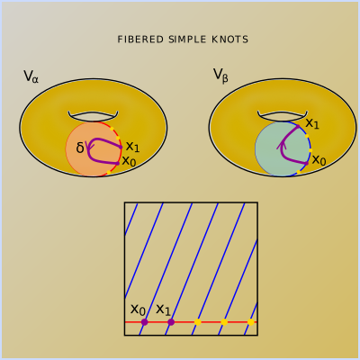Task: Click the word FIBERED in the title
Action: (x=140, y=40)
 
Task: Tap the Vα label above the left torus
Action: (x=31, y=76)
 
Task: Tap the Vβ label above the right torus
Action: (x=220, y=75)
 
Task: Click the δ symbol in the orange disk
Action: (x=80, y=148)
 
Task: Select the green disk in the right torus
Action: (x=283, y=148)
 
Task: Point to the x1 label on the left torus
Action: (x=132, y=147)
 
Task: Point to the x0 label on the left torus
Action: (x=129, y=161)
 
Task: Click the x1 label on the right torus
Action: (x=312, y=123)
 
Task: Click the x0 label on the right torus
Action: (x=319, y=160)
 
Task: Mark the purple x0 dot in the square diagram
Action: (x=145, y=322)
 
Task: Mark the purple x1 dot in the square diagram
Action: (x=171, y=322)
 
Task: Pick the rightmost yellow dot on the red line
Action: (x=251, y=322)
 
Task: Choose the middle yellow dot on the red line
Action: (x=224, y=322)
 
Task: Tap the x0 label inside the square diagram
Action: (x=138, y=310)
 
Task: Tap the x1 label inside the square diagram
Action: (x=164, y=310)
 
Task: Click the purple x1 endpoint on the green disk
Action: (x=298, y=126)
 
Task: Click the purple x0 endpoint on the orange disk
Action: (x=118, y=163)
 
